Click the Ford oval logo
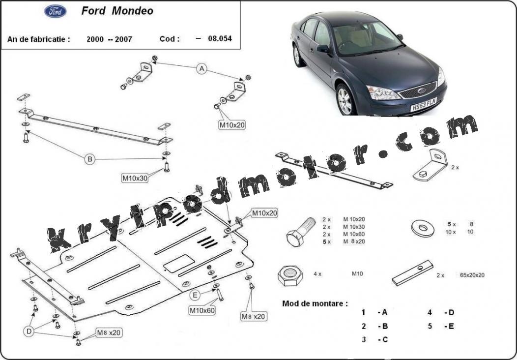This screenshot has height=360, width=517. pos(56,11)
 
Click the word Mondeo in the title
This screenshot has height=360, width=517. pos(133,11)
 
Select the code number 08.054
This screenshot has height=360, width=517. pos(220,38)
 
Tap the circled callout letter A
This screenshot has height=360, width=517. pos(202,69)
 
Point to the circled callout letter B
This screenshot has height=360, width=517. pos(89,160)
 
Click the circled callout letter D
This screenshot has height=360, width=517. pos(29,331)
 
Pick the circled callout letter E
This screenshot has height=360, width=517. pos(195,295)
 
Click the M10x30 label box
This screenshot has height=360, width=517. pos(135,178)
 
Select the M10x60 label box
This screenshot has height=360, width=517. pos(202,310)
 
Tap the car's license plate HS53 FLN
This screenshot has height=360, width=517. pos(424,104)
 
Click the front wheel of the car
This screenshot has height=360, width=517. pos(345,99)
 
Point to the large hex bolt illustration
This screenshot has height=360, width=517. pos(301,232)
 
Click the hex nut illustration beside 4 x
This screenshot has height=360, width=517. pos(290,275)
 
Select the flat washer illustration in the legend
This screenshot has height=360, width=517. pos(423,228)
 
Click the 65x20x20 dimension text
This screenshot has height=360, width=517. pos(472,275)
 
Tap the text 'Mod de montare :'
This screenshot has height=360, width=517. pos(315,303)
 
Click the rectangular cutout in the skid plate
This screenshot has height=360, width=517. pos(179,263)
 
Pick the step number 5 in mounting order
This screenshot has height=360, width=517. pos(430,327)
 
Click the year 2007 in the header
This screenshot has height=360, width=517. pos(124,40)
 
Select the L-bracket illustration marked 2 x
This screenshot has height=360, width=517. pos(431,165)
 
